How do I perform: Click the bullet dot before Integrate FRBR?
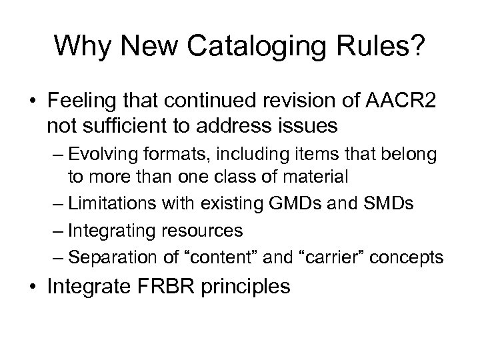pyautogui.click(x=34, y=288)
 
